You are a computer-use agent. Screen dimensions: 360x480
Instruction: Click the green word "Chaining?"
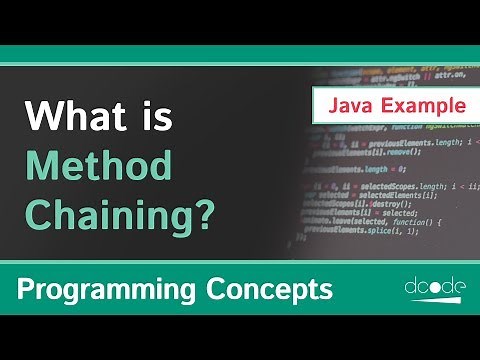click(121, 212)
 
